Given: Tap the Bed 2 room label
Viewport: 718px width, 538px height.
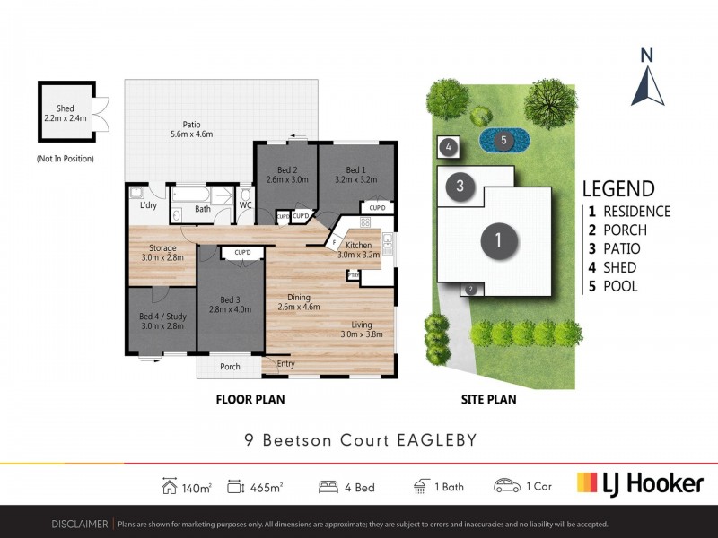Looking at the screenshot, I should coord(288,174).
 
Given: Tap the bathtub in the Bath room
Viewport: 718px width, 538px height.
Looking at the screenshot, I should coord(203,194).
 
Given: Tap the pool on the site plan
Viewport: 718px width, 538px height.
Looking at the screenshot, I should coord(503,140).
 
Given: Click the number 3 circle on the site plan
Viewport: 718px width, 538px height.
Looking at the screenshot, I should coord(460,187).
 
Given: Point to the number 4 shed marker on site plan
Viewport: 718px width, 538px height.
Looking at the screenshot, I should coord(449,146).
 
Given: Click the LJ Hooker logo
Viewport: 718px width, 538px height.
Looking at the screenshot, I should coord(639,484).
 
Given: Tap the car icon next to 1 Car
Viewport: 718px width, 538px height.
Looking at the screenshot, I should coord(507,486).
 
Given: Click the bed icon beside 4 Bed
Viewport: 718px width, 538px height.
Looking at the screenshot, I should coord(329,486).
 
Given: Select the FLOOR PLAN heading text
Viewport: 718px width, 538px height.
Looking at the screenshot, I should coord(252,400).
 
